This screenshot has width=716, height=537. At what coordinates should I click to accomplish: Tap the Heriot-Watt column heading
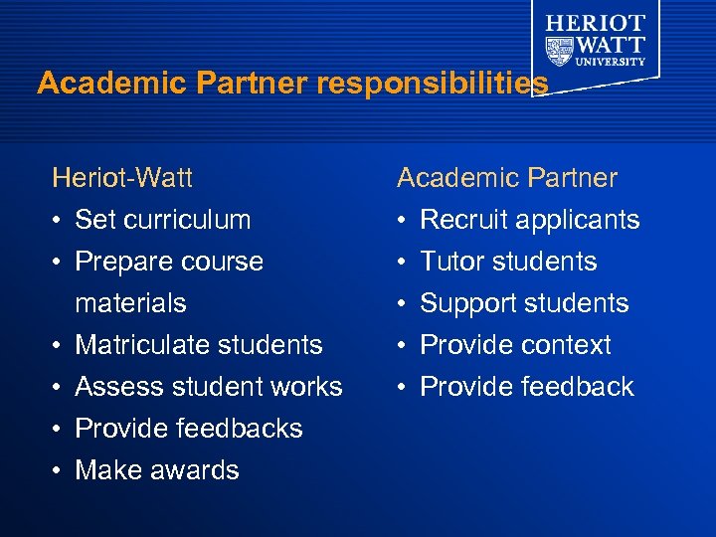(x=122, y=178)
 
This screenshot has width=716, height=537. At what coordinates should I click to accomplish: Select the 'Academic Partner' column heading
(x=506, y=178)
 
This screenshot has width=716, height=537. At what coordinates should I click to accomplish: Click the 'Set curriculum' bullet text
(x=163, y=220)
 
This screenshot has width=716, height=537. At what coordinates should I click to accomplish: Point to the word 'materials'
(x=130, y=303)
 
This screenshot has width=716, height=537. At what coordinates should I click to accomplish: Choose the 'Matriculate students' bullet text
(x=199, y=345)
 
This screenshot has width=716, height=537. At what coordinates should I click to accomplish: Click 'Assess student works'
(x=209, y=387)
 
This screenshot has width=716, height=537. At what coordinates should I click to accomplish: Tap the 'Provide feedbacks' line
(x=189, y=429)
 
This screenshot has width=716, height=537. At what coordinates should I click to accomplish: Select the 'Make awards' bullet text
(x=157, y=470)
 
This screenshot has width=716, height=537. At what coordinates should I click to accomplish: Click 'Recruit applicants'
(x=529, y=220)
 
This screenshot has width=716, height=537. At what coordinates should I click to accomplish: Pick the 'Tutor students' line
(x=508, y=262)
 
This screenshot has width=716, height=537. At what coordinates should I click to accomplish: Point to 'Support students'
(x=524, y=303)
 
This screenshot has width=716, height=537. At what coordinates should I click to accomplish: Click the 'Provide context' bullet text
(x=515, y=345)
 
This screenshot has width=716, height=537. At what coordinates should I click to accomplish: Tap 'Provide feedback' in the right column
(x=526, y=387)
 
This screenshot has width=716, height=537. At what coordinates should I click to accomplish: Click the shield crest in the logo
(x=559, y=49)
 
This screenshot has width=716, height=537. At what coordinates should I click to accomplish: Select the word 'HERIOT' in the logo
(x=595, y=22)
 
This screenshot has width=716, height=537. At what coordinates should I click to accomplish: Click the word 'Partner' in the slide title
(x=254, y=84)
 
